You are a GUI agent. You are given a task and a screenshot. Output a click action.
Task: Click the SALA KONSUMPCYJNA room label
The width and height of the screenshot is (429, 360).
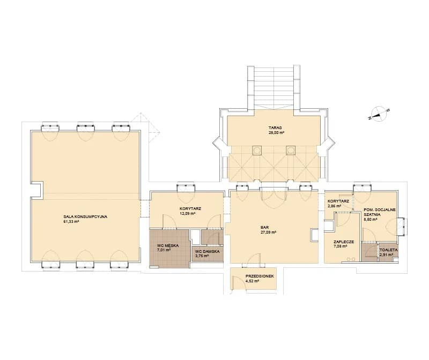point(85,217)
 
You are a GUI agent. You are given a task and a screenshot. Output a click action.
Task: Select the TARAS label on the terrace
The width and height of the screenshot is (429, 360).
point(275,127)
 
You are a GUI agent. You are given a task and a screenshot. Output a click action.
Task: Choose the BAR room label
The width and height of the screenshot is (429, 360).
point(264,228)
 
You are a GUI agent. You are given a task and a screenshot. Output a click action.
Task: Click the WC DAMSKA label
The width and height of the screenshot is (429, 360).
point(207,251)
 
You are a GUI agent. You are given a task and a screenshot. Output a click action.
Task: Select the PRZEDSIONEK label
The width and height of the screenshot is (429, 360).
point(260,276)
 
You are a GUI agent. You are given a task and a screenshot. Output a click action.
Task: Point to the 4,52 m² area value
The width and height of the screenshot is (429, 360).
point(252,281)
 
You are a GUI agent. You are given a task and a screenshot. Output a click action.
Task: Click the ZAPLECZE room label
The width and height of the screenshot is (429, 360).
point(344,242)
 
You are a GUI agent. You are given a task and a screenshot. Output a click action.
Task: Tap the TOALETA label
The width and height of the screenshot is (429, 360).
point(388,250)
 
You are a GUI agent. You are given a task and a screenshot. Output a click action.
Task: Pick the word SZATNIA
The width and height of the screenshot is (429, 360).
point(372,215)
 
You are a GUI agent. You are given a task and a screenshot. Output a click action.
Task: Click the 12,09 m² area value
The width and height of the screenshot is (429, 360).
point(187,214)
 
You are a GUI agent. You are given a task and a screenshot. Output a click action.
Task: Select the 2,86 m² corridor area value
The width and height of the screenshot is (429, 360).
point(334,206)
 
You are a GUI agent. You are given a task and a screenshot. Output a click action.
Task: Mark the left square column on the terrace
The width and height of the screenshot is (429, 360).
point(257,151)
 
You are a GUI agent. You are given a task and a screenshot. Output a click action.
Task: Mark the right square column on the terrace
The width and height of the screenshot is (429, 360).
point(291,151)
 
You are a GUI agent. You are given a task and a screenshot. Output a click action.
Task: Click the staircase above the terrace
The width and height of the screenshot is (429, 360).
point(273,87)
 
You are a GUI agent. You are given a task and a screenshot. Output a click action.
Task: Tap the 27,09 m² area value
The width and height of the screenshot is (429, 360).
point(269,232)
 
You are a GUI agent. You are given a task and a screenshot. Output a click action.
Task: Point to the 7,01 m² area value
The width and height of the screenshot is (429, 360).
point(164,250)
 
